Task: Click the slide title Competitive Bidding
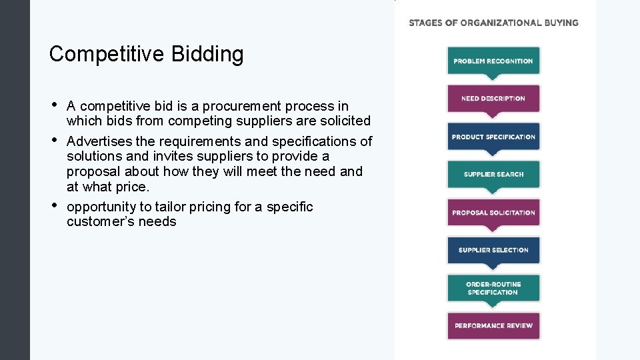146,54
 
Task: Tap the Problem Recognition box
493,61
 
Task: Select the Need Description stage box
493,99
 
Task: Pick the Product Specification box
493,137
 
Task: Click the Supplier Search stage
493,175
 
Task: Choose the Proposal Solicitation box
493,213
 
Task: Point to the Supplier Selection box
493,250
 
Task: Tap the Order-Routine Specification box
493,288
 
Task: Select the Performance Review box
493,325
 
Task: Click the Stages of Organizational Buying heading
493,23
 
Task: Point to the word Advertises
99,141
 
